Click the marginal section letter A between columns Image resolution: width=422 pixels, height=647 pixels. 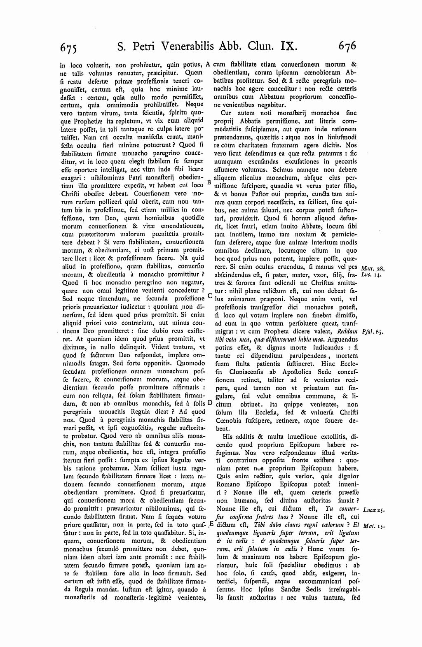pos(208,65)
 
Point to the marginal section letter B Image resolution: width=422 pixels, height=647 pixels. pos(209,182)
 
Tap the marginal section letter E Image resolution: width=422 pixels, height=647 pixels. pos(211,524)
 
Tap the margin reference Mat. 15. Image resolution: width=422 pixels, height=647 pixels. pos(373,526)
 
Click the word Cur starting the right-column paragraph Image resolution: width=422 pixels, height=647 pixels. pos(226,112)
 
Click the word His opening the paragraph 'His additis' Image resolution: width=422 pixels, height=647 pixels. pos(227,436)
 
